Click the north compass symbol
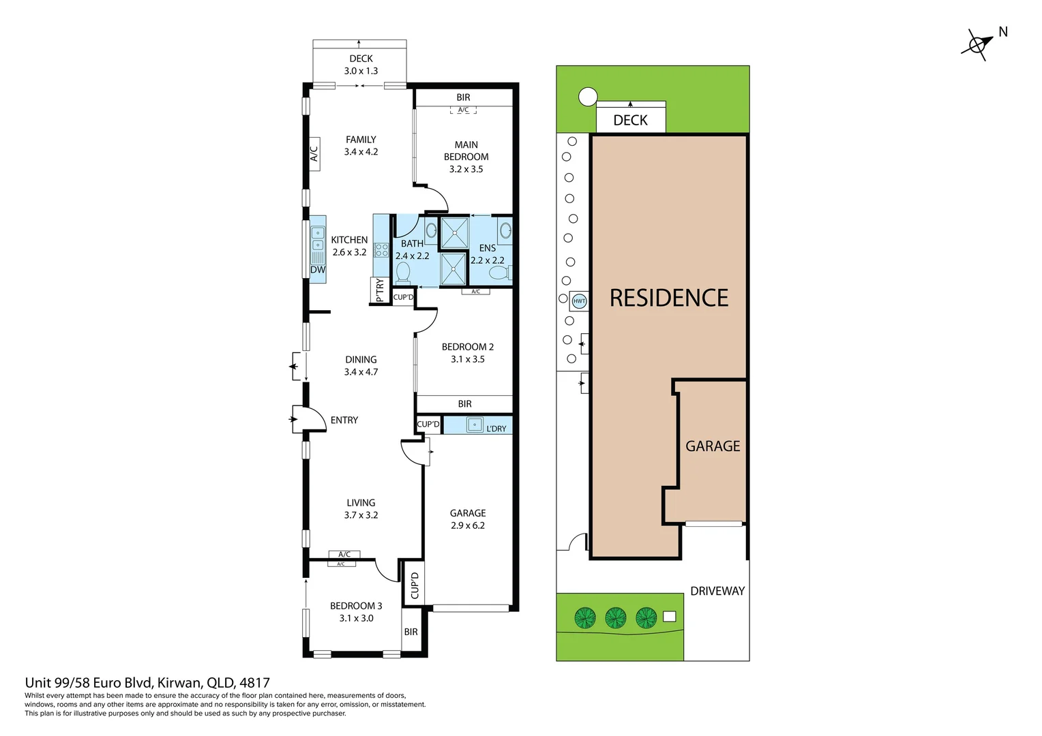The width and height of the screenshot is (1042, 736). point(977,46)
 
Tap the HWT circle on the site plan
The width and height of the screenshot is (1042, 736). point(579,301)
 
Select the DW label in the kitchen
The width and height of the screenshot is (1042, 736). point(318,270)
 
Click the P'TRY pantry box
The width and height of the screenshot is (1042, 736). point(380,290)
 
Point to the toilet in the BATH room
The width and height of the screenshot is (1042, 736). point(402,273)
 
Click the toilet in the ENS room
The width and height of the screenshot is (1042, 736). point(500,272)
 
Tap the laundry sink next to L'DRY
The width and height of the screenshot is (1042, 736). point(475,425)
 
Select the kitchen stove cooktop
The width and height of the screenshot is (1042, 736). point(381,250)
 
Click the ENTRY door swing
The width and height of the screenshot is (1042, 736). point(310,419)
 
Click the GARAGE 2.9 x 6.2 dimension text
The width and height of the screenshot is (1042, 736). point(468,525)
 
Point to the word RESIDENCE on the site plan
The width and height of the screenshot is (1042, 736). point(669,298)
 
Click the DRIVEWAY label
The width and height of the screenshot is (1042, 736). point(717,591)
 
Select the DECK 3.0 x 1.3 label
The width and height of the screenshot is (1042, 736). point(361,65)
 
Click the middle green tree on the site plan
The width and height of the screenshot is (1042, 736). point(615,617)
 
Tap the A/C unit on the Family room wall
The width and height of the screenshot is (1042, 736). point(314,154)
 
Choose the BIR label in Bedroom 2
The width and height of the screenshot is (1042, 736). point(464,403)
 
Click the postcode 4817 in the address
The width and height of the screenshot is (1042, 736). point(254,683)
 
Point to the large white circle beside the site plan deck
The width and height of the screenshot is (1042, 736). point(588,97)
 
